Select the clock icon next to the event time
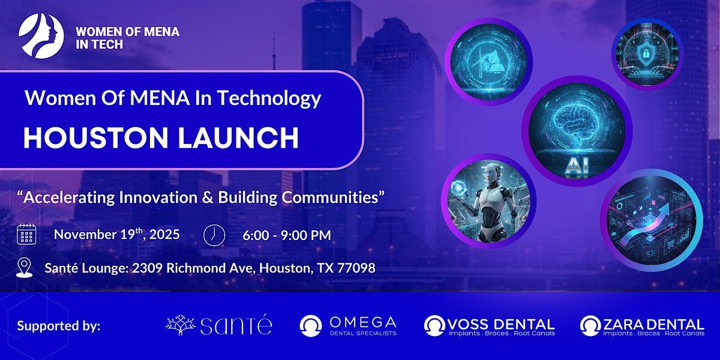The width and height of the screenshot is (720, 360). [x=213, y=235]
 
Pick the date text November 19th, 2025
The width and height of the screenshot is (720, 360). [x=116, y=234]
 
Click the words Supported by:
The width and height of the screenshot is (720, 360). [x=59, y=326]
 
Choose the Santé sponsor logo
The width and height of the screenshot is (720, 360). [x=218, y=325]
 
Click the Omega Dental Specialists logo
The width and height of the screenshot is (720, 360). [x=348, y=325]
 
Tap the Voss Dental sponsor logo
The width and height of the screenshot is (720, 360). [x=490, y=325]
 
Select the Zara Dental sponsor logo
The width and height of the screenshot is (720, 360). [x=642, y=325]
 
